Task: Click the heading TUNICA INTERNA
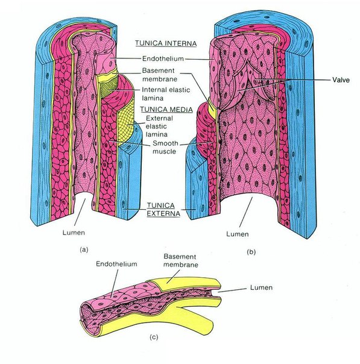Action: (166, 43)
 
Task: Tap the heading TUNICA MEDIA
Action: (166, 109)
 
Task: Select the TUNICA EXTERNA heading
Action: (163, 209)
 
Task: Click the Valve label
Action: (341, 80)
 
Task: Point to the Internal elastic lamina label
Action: (166, 94)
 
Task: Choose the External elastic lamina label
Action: (159, 127)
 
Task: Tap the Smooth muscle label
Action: (165, 147)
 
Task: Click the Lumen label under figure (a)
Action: (74, 233)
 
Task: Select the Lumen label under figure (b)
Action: (238, 234)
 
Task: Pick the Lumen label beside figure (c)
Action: (261, 287)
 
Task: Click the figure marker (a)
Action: (84, 249)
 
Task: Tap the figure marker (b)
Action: (251, 252)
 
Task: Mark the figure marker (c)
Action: (154, 337)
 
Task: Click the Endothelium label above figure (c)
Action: (116, 264)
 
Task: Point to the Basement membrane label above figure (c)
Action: (181, 260)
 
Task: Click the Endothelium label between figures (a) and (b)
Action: (163, 58)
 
